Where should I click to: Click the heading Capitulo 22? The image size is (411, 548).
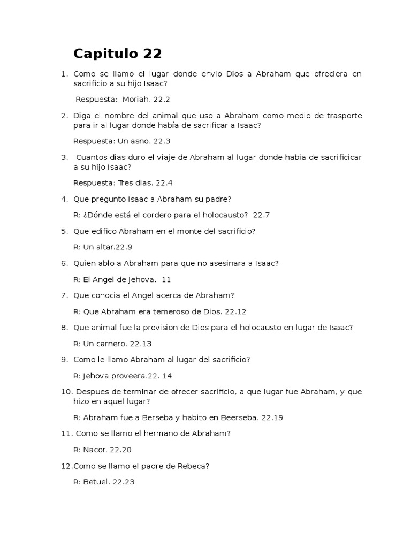(117, 54)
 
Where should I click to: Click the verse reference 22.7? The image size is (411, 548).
(261, 215)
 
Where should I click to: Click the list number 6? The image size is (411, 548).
(64, 263)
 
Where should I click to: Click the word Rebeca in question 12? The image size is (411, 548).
(194, 466)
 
